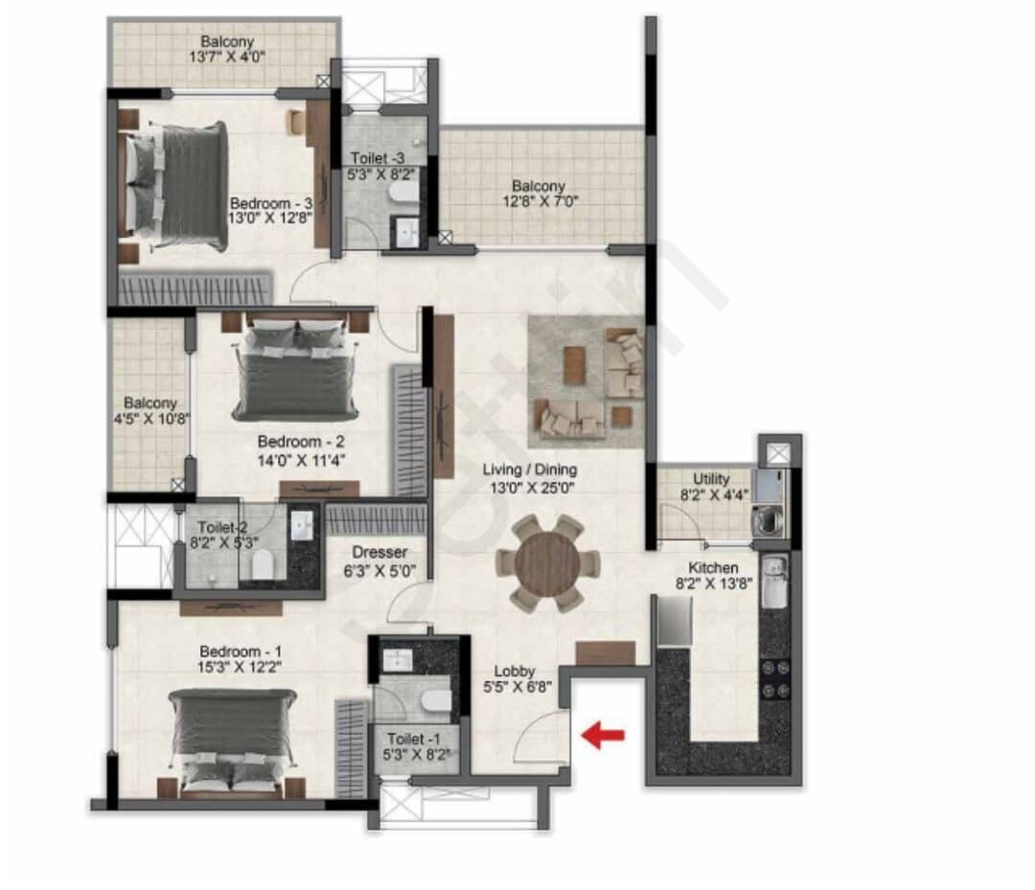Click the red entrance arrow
tap(603, 735)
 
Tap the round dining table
tap(547, 564)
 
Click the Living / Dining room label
tap(529, 469)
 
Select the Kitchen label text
tap(713, 568)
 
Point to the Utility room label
tap(711, 479)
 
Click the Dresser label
tap(379, 552)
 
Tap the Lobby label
tap(515, 671)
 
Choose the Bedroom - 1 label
tap(241, 651)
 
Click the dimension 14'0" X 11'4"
tap(301, 460)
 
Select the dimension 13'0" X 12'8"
tap(270, 217)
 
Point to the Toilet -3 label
tap(378, 158)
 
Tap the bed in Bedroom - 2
tap(295, 370)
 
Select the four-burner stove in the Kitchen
tap(775, 679)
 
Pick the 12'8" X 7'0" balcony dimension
tap(540, 200)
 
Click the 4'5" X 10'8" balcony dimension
tap(151, 419)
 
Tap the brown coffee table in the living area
tap(574, 364)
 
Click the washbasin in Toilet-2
tap(303, 525)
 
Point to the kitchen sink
tap(774, 582)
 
